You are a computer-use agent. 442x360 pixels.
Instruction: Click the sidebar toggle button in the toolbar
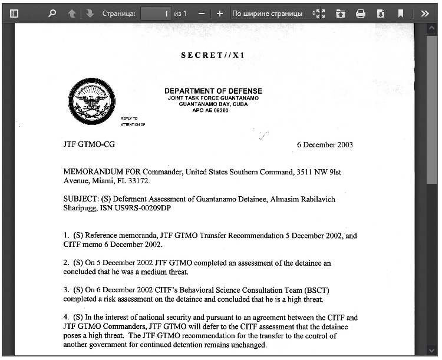click(x=15, y=13)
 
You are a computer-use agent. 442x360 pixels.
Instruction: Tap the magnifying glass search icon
click(x=52, y=13)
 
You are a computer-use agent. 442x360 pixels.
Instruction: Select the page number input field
click(x=156, y=13)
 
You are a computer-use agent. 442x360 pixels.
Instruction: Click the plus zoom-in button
click(x=220, y=13)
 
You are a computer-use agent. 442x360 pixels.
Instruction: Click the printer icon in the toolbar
click(x=361, y=13)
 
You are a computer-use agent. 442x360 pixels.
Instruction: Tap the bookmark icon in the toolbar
click(x=401, y=13)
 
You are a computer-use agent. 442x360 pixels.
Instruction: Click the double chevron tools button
click(x=424, y=13)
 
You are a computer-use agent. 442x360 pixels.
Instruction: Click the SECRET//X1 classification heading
click(x=213, y=55)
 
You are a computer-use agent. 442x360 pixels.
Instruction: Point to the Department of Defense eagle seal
click(x=91, y=100)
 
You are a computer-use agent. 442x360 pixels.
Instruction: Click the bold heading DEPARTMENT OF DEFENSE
click(x=213, y=91)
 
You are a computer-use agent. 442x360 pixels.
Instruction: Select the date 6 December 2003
click(x=325, y=145)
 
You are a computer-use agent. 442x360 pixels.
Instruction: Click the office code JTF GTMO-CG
click(x=89, y=145)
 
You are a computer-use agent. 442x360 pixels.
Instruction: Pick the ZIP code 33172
click(x=139, y=181)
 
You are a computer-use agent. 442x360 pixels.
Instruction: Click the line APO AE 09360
click(x=210, y=110)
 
